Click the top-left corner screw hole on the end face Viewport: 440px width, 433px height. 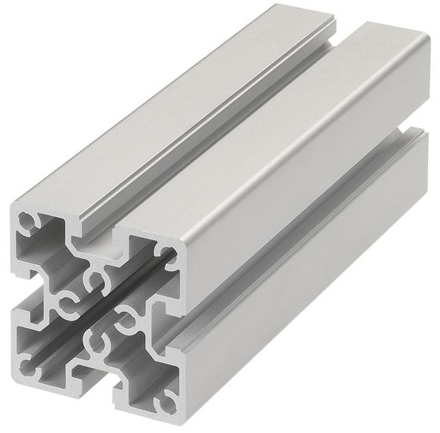27,221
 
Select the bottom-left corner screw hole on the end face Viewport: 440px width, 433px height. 28,368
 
